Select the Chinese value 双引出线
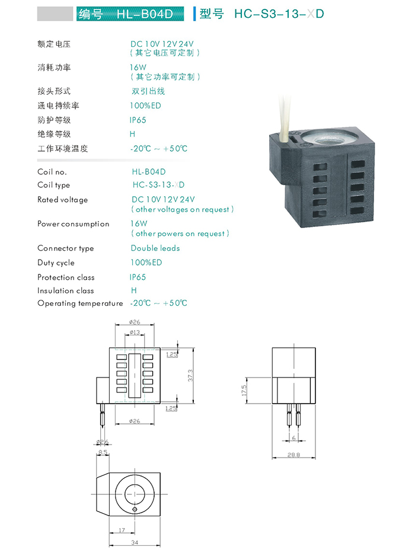coord(148,91)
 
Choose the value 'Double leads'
coord(155,248)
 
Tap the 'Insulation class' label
coord(66,290)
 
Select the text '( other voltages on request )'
coord(183,210)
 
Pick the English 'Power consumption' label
coord(74,224)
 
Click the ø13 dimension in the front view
coord(135,332)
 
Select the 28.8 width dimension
coord(295,455)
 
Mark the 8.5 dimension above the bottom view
coord(103,452)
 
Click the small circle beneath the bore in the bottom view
coord(135,510)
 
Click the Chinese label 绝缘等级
coord(54,134)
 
